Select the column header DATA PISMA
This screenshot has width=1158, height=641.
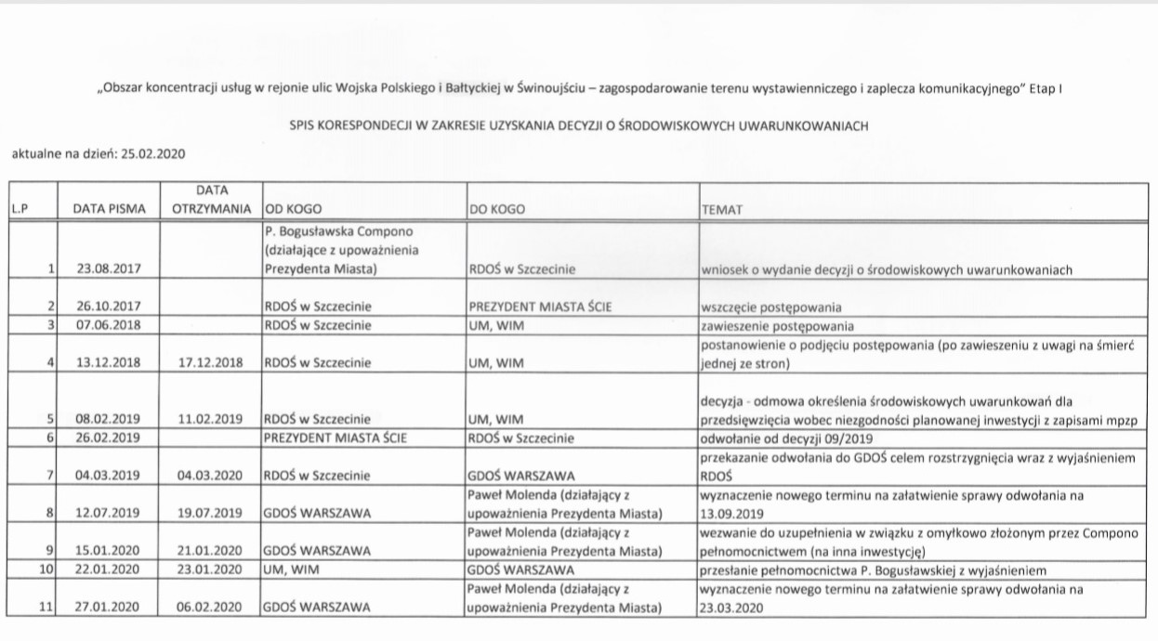(110, 210)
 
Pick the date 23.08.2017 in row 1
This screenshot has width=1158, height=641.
(110, 270)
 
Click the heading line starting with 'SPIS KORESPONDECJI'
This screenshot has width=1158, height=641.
(577, 126)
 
